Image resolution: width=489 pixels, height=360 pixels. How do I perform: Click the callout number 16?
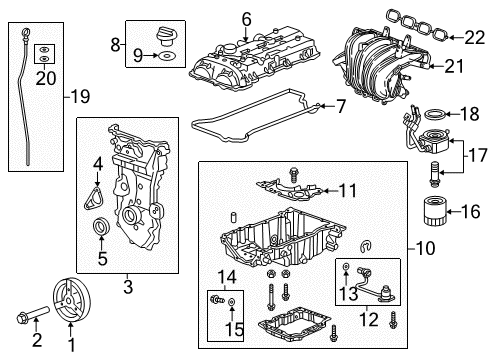468,211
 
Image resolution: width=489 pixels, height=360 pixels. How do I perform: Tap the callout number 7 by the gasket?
342,106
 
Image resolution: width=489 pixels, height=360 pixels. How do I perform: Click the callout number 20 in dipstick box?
43,78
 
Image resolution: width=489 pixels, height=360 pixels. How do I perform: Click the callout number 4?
97,162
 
